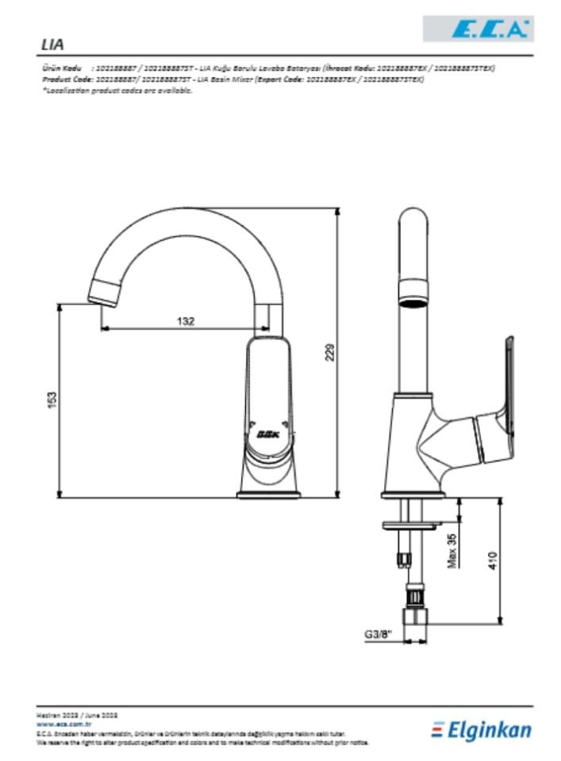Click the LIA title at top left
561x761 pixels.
coord(52,45)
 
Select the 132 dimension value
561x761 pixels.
coord(185,321)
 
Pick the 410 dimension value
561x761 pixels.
coord(493,560)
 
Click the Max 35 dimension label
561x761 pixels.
coord(451,550)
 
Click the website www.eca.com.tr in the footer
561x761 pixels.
coord(65,725)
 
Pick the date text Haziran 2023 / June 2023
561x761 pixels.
coord(77,715)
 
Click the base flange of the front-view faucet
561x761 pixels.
coord(270,495)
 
